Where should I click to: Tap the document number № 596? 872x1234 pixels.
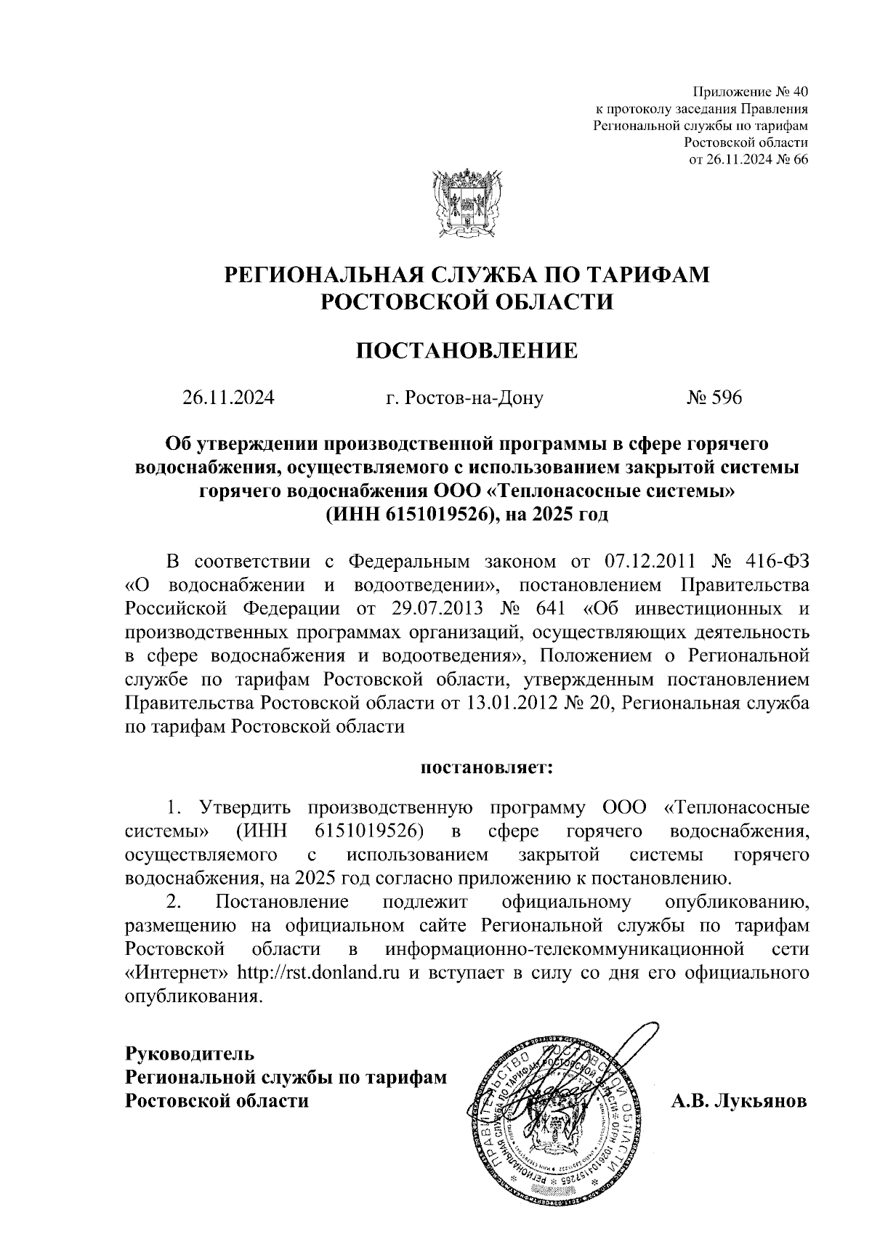point(714,398)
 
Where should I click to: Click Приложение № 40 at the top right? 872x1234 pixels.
point(751,92)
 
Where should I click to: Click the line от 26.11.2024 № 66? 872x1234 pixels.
point(748,160)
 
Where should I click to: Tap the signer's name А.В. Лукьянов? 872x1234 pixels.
point(739,1101)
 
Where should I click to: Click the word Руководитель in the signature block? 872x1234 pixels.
point(190,1052)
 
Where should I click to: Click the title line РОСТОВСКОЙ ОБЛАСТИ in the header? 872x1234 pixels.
point(467,300)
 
